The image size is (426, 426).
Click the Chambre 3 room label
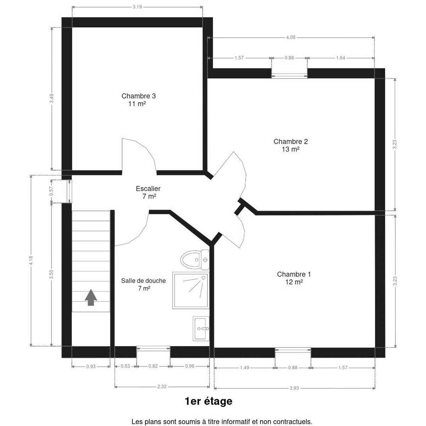(x=138, y=100)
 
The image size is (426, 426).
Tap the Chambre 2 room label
(x=290, y=145)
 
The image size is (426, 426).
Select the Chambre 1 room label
(x=294, y=278)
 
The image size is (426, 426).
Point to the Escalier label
(x=148, y=192)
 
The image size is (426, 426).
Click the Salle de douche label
(x=143, y=284)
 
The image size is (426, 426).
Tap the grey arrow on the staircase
(x=91, y=297)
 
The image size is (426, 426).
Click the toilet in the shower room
(x=195, y=260)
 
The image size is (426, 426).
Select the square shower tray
(x=191, y=290)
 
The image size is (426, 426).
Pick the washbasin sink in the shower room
(x=201, y=328)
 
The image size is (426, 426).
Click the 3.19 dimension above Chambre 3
(x=137, y=7)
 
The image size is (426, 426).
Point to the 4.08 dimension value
(x=291, y=37)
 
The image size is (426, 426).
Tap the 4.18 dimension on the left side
(x=31, y=261)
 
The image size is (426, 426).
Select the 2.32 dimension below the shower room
(x=162, y=387)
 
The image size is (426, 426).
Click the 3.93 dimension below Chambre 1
(x=294, y=388)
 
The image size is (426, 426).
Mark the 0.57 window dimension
(x=51, y=191)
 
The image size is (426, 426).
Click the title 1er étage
(x=208, y=402)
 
